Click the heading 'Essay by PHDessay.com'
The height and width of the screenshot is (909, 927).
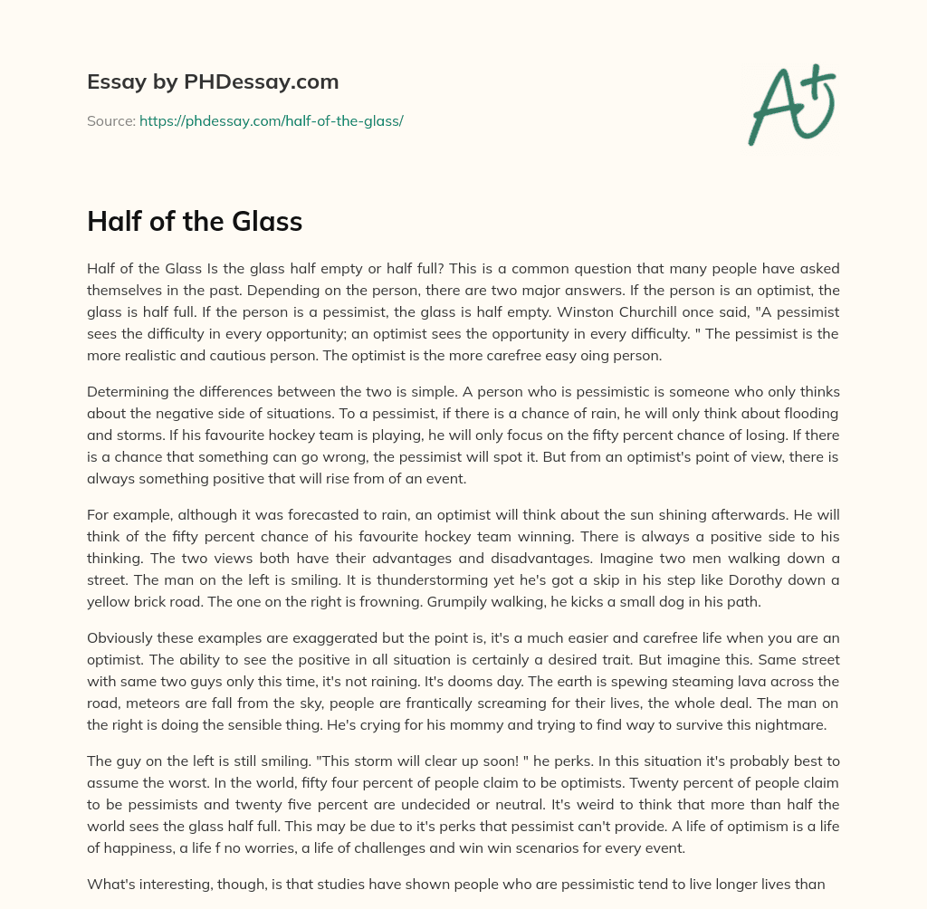point(213,82)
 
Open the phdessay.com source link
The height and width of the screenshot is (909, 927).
point(271,120)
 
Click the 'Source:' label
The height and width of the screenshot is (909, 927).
point(110,120)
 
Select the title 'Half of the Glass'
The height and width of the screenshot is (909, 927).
point(195,222)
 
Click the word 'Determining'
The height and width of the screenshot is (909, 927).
point(128,391)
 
